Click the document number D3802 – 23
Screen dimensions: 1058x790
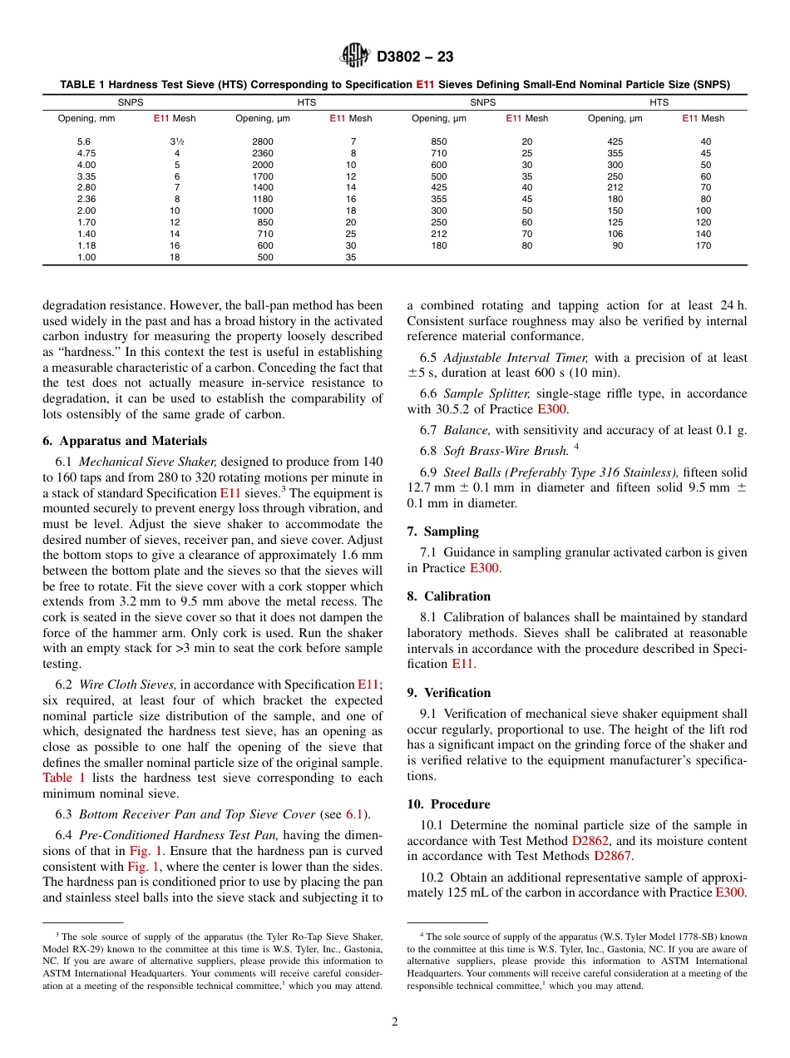coord(415,57)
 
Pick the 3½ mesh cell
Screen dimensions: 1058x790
coord(176,141)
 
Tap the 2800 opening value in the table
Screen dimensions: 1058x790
coord(262,141)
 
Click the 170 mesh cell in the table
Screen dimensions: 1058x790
coord(703,245)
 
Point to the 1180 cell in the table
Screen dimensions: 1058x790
coord(262,199)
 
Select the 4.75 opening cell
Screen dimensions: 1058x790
coord(86,153)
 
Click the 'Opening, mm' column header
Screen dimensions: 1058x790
coord(86,118)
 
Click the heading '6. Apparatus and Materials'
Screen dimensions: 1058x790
coord(125,441)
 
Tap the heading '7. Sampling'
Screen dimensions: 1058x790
coord(442,531)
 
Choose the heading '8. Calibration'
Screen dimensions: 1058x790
coord(448,596)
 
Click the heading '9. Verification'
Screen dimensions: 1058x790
coord(448,693)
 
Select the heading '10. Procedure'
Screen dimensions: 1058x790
coord(448,804)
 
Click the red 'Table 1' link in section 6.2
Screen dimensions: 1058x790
coord(63,778)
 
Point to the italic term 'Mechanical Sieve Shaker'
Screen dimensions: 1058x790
coord(148,462)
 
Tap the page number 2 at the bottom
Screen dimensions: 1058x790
coord(395,1022)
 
